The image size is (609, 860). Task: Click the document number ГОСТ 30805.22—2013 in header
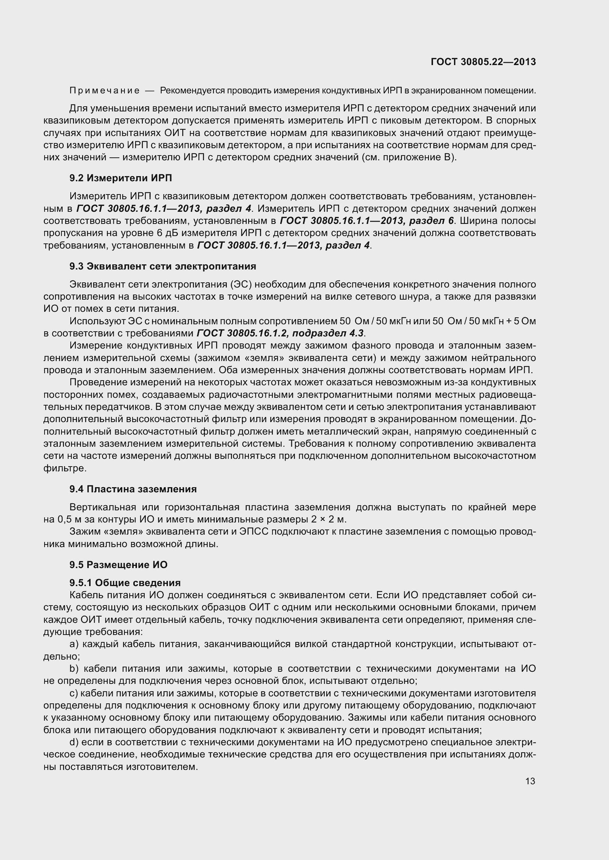point(483,62)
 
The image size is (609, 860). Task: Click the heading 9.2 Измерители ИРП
point(120,178)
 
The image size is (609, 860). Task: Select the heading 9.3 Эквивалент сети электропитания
point(163,266)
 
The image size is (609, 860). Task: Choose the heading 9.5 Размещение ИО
point(118,565)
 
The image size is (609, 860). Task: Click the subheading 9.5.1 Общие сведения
point(125,583)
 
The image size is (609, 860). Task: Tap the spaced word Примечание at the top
point(105,91)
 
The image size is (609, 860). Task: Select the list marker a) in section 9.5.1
point(74,644)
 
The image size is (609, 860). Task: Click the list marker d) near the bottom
point(74,742)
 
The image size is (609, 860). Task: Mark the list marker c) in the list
point(73,693)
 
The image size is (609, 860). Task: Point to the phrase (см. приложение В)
point(409,157)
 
